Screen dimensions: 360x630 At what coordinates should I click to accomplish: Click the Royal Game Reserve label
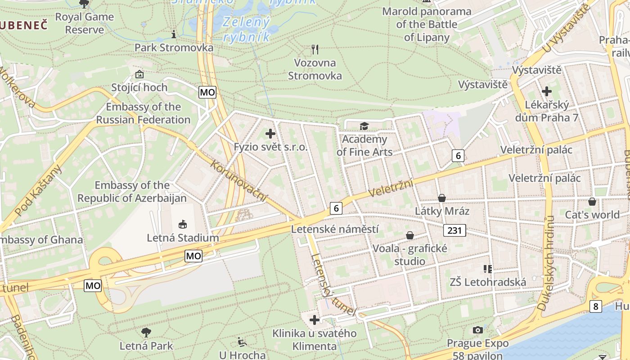(85, 23)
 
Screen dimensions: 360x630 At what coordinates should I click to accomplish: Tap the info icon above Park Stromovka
(174, 34)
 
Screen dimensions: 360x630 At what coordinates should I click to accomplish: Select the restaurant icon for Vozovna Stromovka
(315, 49)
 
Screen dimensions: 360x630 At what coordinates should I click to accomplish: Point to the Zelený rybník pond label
(246, 29)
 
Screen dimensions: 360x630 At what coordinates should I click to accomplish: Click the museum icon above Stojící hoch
(139, 74)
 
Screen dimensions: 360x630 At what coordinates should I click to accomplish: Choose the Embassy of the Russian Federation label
(143, 113)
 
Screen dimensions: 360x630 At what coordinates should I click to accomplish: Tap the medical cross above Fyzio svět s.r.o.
(270, 134)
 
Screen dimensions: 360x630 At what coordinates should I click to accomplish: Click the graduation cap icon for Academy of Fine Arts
(364, 126)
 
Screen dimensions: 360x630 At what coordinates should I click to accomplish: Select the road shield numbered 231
(454, 230)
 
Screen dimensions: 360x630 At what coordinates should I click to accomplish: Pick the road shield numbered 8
(596, 306)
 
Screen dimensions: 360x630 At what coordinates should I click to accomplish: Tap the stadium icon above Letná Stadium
(183, 224)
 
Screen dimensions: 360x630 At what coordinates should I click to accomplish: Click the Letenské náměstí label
(335, 229)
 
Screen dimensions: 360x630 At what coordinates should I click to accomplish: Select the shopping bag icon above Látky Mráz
(442, 198)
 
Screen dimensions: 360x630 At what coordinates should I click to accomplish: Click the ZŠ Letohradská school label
(488, 282)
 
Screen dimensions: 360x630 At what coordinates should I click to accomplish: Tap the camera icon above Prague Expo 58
(478, 330)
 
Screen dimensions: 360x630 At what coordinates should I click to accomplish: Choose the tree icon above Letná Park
(146, 333)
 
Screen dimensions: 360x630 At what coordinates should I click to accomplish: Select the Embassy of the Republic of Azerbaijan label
(132, 192)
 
